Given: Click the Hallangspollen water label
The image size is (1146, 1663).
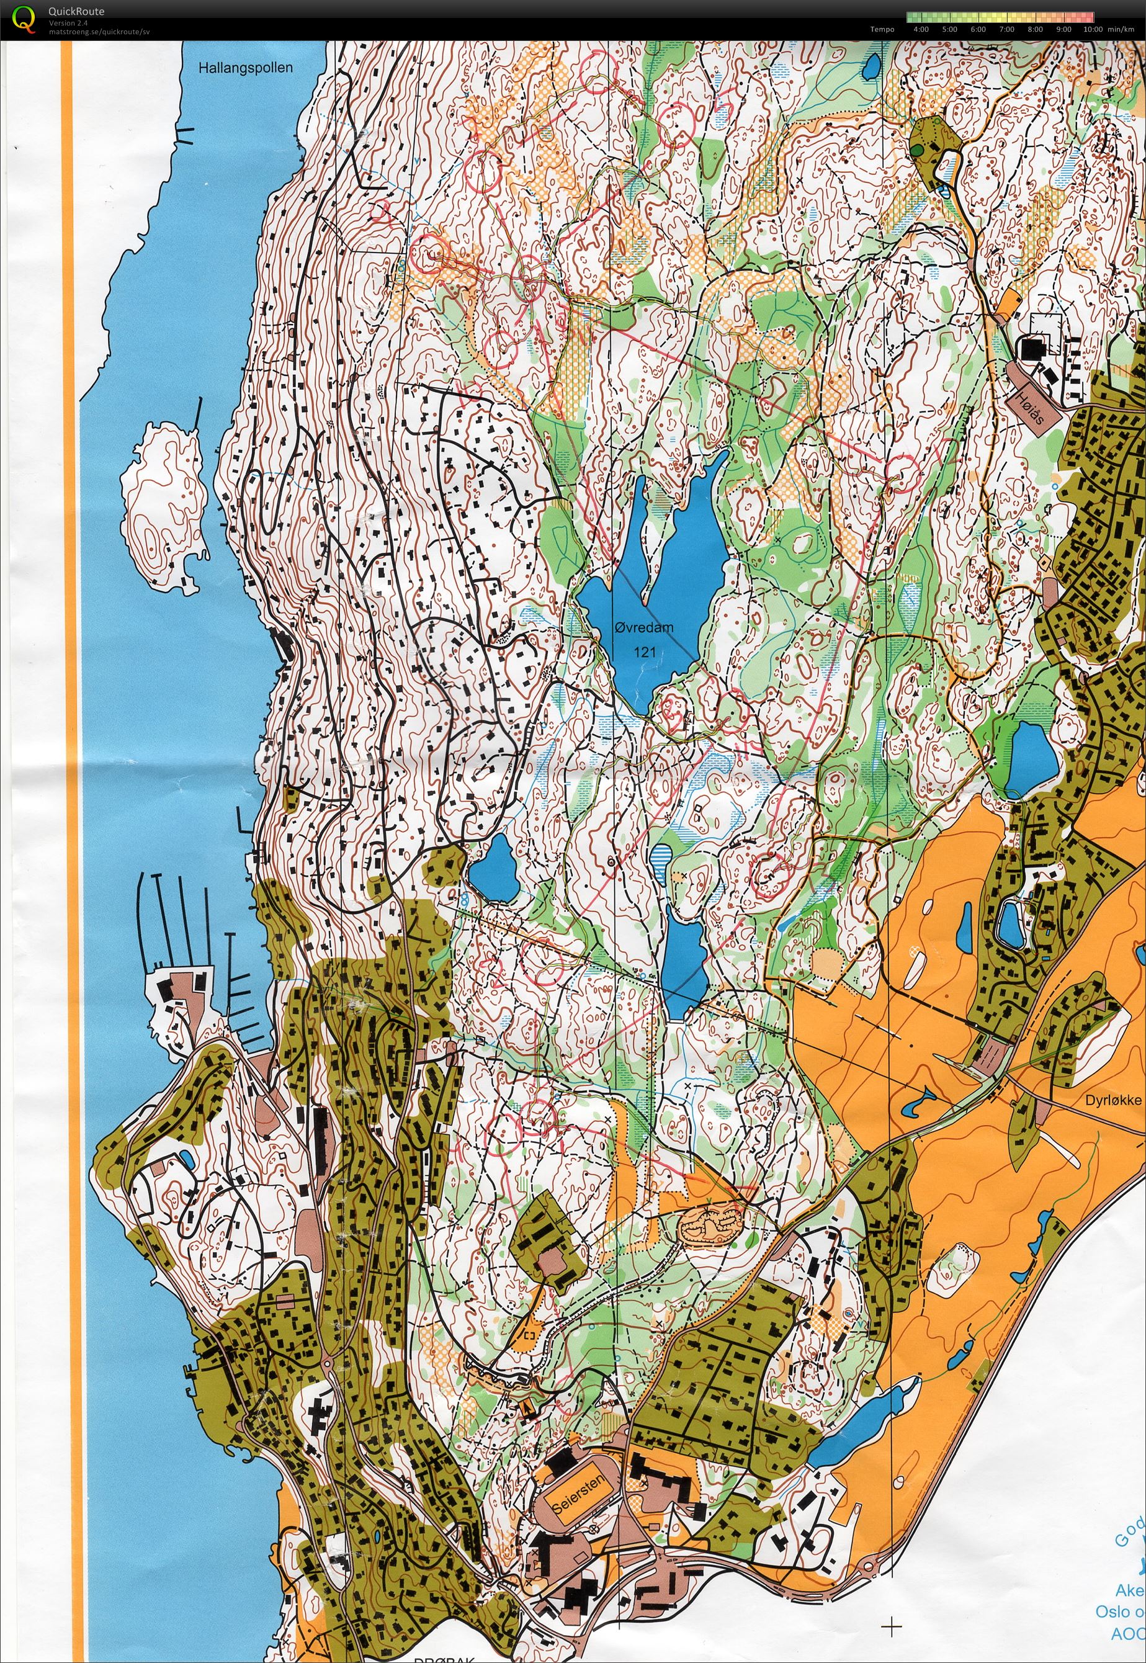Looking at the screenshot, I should coord(246,68).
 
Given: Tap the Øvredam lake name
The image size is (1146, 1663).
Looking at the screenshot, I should coord(644,627).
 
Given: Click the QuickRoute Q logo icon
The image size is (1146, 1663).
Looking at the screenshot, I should coord(24,19).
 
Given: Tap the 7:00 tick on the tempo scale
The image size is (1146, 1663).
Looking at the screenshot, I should coord(1006,29).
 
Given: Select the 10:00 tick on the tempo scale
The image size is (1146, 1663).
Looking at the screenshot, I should coord(1092,29).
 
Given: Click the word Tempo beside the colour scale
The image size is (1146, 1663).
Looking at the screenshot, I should coord(882,29).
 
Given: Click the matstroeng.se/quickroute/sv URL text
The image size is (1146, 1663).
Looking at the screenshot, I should coord(99,32).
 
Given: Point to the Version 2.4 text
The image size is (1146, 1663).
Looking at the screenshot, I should coord(67,23).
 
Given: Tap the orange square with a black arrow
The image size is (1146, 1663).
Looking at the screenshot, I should coord(529,1409).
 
